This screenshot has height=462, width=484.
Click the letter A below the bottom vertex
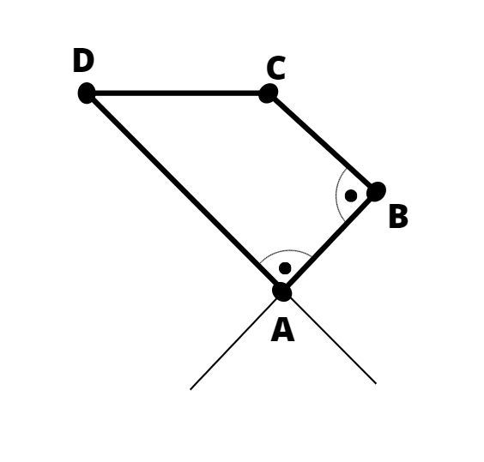coord(282,330)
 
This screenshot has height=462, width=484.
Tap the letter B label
coord(398,217)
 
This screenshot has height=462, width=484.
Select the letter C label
coord(276,68)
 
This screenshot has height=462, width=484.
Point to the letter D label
coord(83,61)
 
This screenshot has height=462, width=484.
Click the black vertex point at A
coord(281,291)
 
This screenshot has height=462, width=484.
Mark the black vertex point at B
coord(376,191)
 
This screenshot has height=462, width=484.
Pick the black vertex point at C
coord(268,93)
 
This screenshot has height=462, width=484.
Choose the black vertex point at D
coord(87,93)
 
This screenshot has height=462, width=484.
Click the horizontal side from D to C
coord(177,93)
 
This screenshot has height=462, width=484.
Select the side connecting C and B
coord(322,142)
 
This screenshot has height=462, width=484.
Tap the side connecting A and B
coord(329,242)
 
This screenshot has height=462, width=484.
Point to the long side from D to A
coord(184,192)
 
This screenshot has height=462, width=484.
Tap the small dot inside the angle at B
coord(351,195)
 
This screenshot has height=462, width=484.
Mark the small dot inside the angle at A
coord(285,268)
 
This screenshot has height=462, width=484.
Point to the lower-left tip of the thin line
coord(191,389)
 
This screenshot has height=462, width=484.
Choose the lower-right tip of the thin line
coord(376,383)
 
